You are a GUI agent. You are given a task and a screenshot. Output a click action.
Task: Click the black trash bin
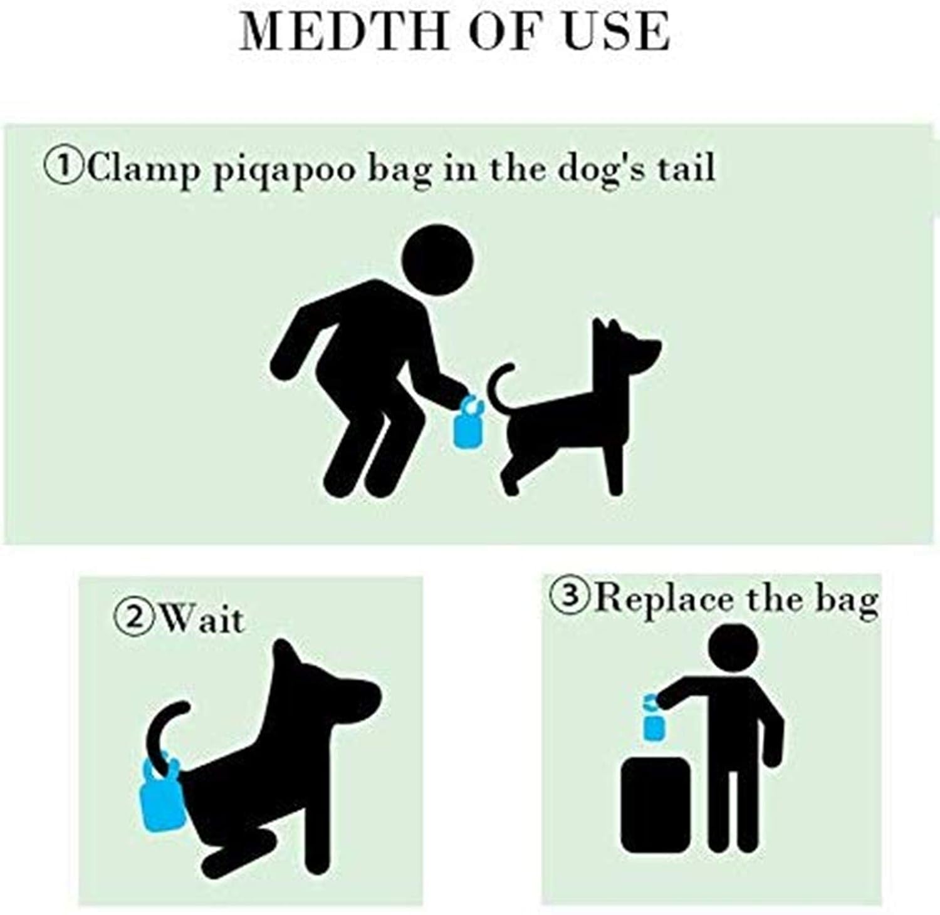[x=655, y=805]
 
